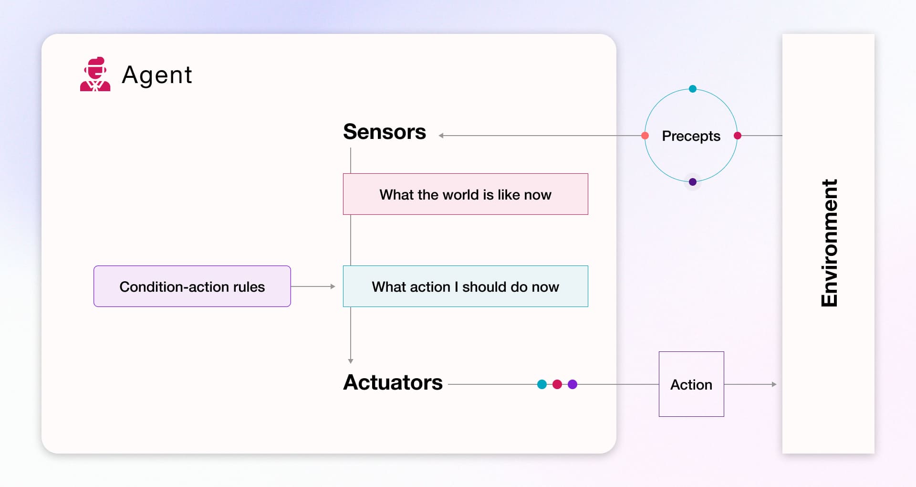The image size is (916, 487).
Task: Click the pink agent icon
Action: (x=95, y=74)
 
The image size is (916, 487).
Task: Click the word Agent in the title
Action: (x=157, y=75)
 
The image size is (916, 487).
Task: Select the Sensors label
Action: (x=385, y=132)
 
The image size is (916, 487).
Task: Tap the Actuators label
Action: (x=393, y=382)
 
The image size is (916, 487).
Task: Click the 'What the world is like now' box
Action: (x=466, y=194)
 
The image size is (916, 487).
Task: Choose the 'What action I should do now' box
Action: (x=466, y=286)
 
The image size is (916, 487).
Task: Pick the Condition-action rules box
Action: (x=192, y=286)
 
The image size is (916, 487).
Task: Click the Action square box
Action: (x=691, y=384)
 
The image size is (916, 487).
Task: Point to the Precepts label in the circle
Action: (x=691, y=137)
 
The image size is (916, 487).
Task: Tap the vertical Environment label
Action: (x=829, y=243)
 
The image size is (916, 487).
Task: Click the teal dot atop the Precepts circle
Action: (x=693, y=89)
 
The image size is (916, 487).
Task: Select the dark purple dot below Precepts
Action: (x=693, y=182)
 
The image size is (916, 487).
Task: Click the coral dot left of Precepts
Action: (x=645, y=136)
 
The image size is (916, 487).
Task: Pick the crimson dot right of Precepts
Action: (x=738, y=136)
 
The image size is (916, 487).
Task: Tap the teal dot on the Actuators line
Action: (x=542, y=384)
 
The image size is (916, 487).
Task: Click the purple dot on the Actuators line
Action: (x=572, y=384)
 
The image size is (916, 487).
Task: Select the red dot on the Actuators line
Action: (x=557, y=384)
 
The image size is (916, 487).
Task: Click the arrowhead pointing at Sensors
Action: (x=441, y=136)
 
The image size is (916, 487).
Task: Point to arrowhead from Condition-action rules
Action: (x=333, y=286)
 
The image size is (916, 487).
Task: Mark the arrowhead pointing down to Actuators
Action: (x=351, y=361)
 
